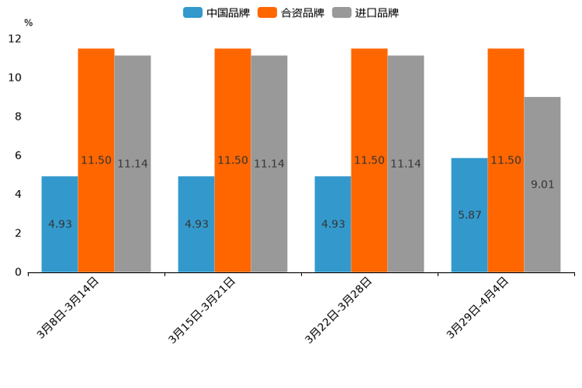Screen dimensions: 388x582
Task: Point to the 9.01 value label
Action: pyautogui.click(x=542, y=185)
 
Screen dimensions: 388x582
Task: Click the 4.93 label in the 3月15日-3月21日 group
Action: pyautogui.click(x=196, y=224)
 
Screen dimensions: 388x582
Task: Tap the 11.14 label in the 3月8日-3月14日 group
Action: pyautogui.click(x=132, y=164)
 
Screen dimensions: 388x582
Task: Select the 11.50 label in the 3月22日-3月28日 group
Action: pyautogui.click(x=369, y=160)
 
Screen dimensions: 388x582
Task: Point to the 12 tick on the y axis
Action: pyautogui.click(x=15, y=39)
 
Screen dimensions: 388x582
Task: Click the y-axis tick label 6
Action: pyautogui.click(x=18, y=156)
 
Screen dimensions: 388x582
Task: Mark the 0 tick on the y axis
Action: pyautogui.click(x=18, y=272)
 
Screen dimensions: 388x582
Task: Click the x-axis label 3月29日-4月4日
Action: pyautogui.click(x=478, y=307)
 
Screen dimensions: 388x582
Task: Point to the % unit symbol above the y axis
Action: pyautogui.click(x=28, y=23)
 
